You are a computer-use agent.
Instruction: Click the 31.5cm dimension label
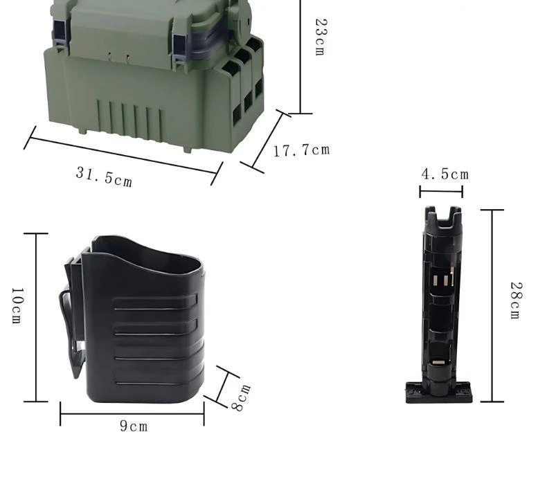pyautogui.click(x=104, y=177)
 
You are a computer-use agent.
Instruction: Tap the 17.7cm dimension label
pyautogui.click(x=301, y=150)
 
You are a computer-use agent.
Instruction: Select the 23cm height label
pyautogui.click(x=321, y=37)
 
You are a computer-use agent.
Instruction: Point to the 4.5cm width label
pyautogui.click(x=445, y=174)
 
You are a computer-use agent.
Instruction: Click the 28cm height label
pyautogui.click(x=516, y=300)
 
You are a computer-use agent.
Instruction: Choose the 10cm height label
pyautogui.click(x=17, y=306)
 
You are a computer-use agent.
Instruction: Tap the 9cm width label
pyautogui.click(x=134, y=426)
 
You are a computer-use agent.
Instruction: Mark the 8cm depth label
pyautogui.click(x=241, y=397)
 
